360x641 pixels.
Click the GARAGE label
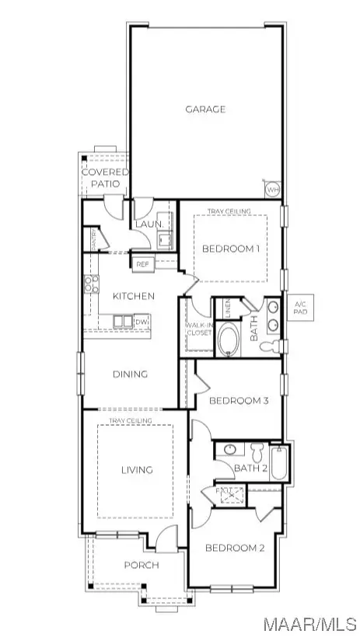click(205, 110)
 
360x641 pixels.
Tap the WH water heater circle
click(272, 190)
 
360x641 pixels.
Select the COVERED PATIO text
click(105, 178)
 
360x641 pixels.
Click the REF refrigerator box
click(142, 265)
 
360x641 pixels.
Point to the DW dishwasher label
click(142, 322)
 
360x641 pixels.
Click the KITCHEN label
click(133, 296)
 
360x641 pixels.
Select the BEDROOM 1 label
click(230, 249)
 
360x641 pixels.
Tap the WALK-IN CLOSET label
click(198, 329)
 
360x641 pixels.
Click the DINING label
click(131, 374)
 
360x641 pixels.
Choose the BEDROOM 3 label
click(239, 401)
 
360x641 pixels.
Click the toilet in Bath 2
click(258, 450)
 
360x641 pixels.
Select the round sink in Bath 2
click(230, 449)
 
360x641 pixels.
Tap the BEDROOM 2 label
click(235, 548)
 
